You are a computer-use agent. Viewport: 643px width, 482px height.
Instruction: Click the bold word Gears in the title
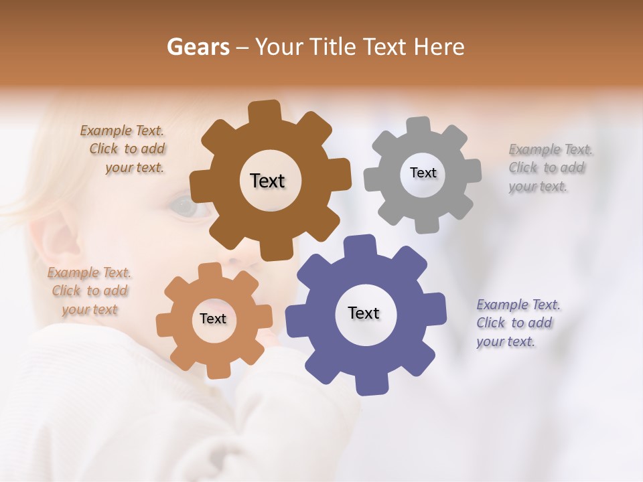(198, 47)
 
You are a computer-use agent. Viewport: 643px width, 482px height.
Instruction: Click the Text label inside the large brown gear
(267, 181)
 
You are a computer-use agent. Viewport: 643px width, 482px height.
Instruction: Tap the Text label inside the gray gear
(423, 173)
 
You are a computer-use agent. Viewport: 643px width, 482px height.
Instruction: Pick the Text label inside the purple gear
(364, 313)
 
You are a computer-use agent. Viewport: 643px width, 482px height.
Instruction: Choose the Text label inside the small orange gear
(213, 319)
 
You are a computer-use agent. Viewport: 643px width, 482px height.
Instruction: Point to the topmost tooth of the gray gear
(419, 126)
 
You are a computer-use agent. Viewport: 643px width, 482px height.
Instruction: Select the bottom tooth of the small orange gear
(215, 370)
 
